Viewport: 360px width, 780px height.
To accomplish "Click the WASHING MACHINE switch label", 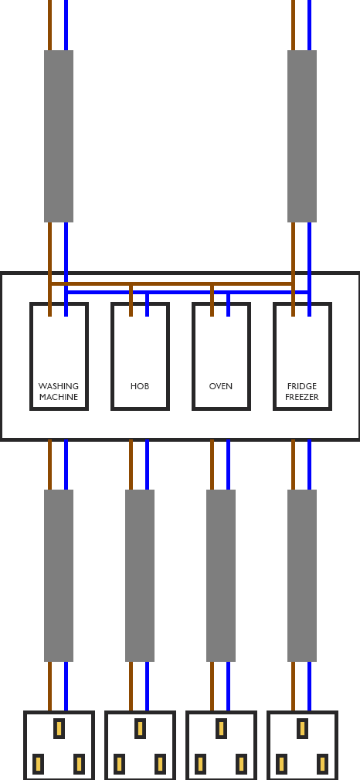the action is (x=59, y=392).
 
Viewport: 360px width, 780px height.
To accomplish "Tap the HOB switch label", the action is (x=140, y=386).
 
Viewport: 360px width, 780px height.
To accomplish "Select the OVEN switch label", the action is (x=221, y=386).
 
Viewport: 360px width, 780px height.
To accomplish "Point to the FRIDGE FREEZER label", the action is (x=302, y=392).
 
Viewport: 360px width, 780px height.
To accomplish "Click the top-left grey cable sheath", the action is (x=59, y=136).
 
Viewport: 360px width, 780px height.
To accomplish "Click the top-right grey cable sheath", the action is (x=302, y=136).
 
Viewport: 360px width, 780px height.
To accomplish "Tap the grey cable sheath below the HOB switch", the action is (x=140, y=575).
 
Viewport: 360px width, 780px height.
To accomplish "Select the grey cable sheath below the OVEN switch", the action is (x=221, y=575).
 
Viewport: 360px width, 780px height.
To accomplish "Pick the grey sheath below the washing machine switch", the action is (x=59, y=575).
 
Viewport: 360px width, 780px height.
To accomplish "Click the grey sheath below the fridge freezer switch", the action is (x=302, y=575).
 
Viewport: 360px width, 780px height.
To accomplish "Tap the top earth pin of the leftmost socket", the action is (x=59, y=728).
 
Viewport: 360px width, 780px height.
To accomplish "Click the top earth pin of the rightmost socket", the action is (x=302, y=728).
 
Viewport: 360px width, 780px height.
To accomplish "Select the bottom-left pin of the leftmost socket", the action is (x=38, y=764).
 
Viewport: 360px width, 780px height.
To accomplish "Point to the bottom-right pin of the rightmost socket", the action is (x=323, y=764).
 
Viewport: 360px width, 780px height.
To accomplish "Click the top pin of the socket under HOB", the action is (x=140, y=728).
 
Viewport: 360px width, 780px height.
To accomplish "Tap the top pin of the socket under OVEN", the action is (x=221, y=728).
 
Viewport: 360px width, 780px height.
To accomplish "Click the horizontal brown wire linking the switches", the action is (x=172, y=284).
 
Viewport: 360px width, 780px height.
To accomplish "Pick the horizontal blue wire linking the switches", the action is (x=188, y=293).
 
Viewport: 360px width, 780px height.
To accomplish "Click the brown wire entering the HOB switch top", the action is (x=131, y=300).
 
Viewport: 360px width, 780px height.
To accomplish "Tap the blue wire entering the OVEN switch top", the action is (x=229, y=304).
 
